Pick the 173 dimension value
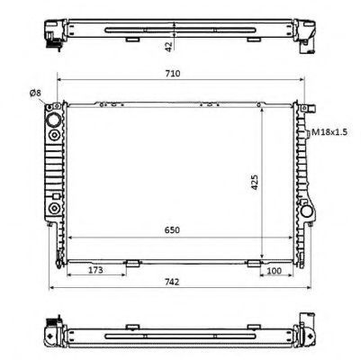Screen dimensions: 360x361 [94, 270]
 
